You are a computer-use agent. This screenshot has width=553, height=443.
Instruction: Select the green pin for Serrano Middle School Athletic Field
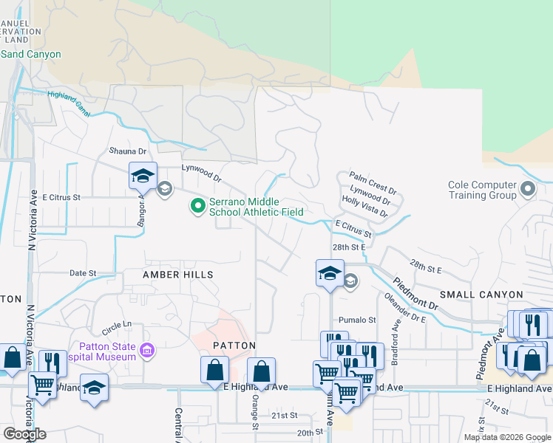(x=197, y=206)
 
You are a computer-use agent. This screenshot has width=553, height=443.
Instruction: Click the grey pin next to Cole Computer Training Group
(x=527, y=190)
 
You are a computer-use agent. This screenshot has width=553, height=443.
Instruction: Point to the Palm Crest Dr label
(x=373, y=179)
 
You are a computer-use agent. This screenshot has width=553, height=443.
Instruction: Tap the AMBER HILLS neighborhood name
(x=178, y=275)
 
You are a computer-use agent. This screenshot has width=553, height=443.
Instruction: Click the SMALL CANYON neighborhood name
(x=481, y=295)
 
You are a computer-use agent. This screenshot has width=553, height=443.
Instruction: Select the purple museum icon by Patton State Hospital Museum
(x=147, y=350)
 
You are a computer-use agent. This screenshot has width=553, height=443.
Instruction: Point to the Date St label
(x=83, y=273)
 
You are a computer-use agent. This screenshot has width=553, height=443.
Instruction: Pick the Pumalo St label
(x=357, y=320)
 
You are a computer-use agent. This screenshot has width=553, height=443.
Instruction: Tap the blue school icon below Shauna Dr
(x=143, y=176)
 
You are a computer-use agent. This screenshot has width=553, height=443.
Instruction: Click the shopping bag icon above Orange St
(x=261, y=371)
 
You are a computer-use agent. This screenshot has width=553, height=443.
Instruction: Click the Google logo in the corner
(x=24, y=434)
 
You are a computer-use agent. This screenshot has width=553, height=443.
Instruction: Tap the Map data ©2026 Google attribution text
(x=506, y=437)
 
